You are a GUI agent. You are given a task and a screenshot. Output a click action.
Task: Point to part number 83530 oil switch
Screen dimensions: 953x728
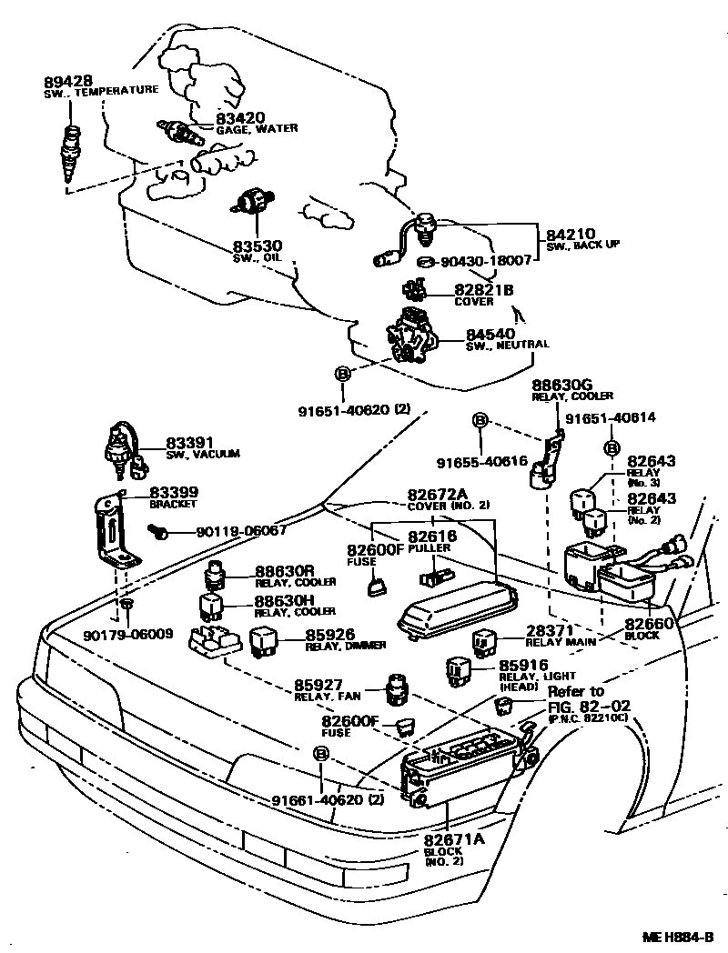click(257, 246)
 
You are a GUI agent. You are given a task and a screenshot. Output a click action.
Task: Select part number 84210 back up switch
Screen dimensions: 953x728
click(570, 234)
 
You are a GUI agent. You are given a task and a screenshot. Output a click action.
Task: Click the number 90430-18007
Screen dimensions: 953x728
click(486, 260)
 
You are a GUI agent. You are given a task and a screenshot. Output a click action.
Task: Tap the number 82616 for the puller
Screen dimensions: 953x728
click(432, 537)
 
